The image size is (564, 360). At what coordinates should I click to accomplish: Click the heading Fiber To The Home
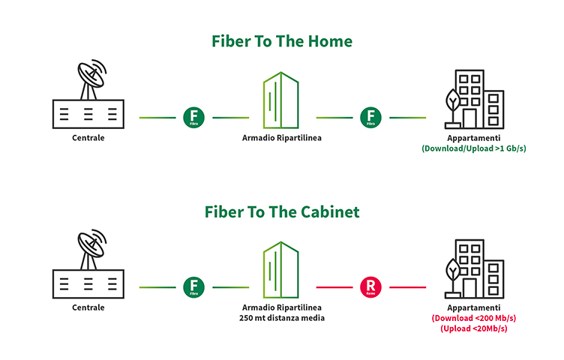coord(281,42)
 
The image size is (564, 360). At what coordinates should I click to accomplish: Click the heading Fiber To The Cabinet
coord(281,212)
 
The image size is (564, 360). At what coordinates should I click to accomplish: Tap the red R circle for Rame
coord(370,287)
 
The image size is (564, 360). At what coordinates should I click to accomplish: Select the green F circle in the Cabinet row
coord(192,287)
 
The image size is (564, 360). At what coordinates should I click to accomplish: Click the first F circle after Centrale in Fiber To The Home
coord(192,118)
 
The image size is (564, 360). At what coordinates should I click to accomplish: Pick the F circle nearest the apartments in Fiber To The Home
coord(370,118)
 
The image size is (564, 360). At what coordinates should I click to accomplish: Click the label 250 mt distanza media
coord(281,319)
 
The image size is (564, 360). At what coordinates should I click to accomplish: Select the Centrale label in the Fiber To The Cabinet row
coord(88,307)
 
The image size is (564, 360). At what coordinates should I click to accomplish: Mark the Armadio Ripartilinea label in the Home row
coord(281,138)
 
